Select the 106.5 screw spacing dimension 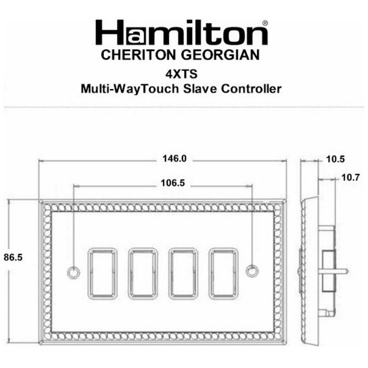click(x=170, y=183)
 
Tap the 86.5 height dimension click(x=13, y=257)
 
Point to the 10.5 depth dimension click(x=335, y=160)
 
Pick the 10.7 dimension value click(x=350, y=178)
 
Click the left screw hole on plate click(x=73, y=271)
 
